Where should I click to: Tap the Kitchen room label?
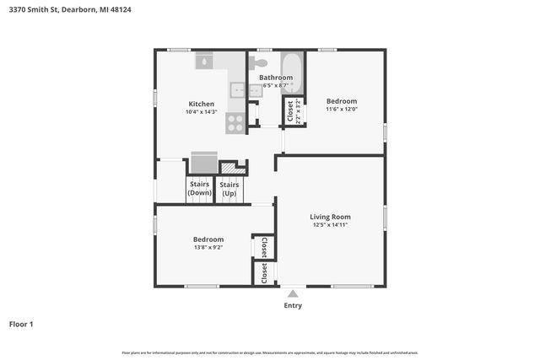[x=201, y=104]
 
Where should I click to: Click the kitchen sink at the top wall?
[x=206, y=61]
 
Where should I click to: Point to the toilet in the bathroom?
[x=259, y=62]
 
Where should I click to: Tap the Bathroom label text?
[x=275, y=78]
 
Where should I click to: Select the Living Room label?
[x=329, y=217]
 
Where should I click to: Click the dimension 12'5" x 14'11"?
[x=329, y=225]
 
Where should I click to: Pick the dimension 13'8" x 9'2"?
[x=208, y=248]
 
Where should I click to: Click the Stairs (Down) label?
[x=200, y=188]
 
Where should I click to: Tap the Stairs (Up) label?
[x=229, y=188]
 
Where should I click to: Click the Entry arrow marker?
[x=293, y=294]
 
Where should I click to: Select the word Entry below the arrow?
[x=293, y=305]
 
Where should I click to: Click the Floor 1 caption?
[x=21, y=324]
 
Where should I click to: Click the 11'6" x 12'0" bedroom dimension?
[x=342, y=109]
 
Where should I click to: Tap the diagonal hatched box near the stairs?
[x=240, y=168]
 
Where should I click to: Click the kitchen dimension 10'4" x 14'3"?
[x=201, y=112]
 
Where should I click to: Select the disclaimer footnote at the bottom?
[x=270, y=352]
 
